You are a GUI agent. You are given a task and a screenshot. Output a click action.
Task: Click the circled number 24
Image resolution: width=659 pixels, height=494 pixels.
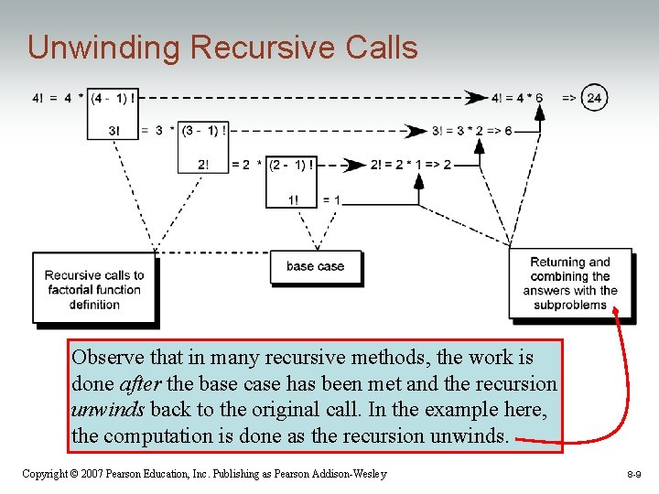(x=594, y=97)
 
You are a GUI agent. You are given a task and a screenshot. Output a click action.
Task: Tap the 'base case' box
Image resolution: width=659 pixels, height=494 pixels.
(x=315, y=267)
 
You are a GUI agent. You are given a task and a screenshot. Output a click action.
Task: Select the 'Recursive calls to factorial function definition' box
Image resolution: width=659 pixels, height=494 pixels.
(x=94, y=289)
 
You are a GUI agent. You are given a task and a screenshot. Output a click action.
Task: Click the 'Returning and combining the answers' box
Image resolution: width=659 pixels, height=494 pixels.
(x=569, y=284)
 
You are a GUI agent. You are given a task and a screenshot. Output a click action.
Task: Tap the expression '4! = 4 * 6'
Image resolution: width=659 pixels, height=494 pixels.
(x=517, y=98)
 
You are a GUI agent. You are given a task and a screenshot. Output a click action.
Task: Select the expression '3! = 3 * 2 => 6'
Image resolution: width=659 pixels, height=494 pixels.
(x=470, y=131)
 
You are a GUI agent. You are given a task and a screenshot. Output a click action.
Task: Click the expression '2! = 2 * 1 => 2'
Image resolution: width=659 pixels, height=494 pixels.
(x=411, y=165)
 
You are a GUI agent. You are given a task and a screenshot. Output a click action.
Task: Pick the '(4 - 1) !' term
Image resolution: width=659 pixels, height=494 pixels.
(x=114, y=97)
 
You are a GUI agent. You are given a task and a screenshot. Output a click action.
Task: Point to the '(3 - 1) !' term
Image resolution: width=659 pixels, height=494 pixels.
(x=204, y=131)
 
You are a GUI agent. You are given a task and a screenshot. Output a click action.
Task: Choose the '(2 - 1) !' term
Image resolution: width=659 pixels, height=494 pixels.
(x=292, y=165)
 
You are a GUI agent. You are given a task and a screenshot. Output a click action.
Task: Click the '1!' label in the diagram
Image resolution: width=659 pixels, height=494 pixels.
(x=293, y=200)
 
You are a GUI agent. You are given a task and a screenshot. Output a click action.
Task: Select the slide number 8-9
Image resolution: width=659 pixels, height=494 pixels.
(x=634, y=474)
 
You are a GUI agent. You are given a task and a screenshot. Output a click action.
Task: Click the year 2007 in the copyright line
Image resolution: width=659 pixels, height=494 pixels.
(x=90, y=474)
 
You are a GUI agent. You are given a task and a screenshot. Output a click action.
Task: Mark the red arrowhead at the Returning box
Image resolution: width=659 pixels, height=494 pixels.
(x=616, y=314)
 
